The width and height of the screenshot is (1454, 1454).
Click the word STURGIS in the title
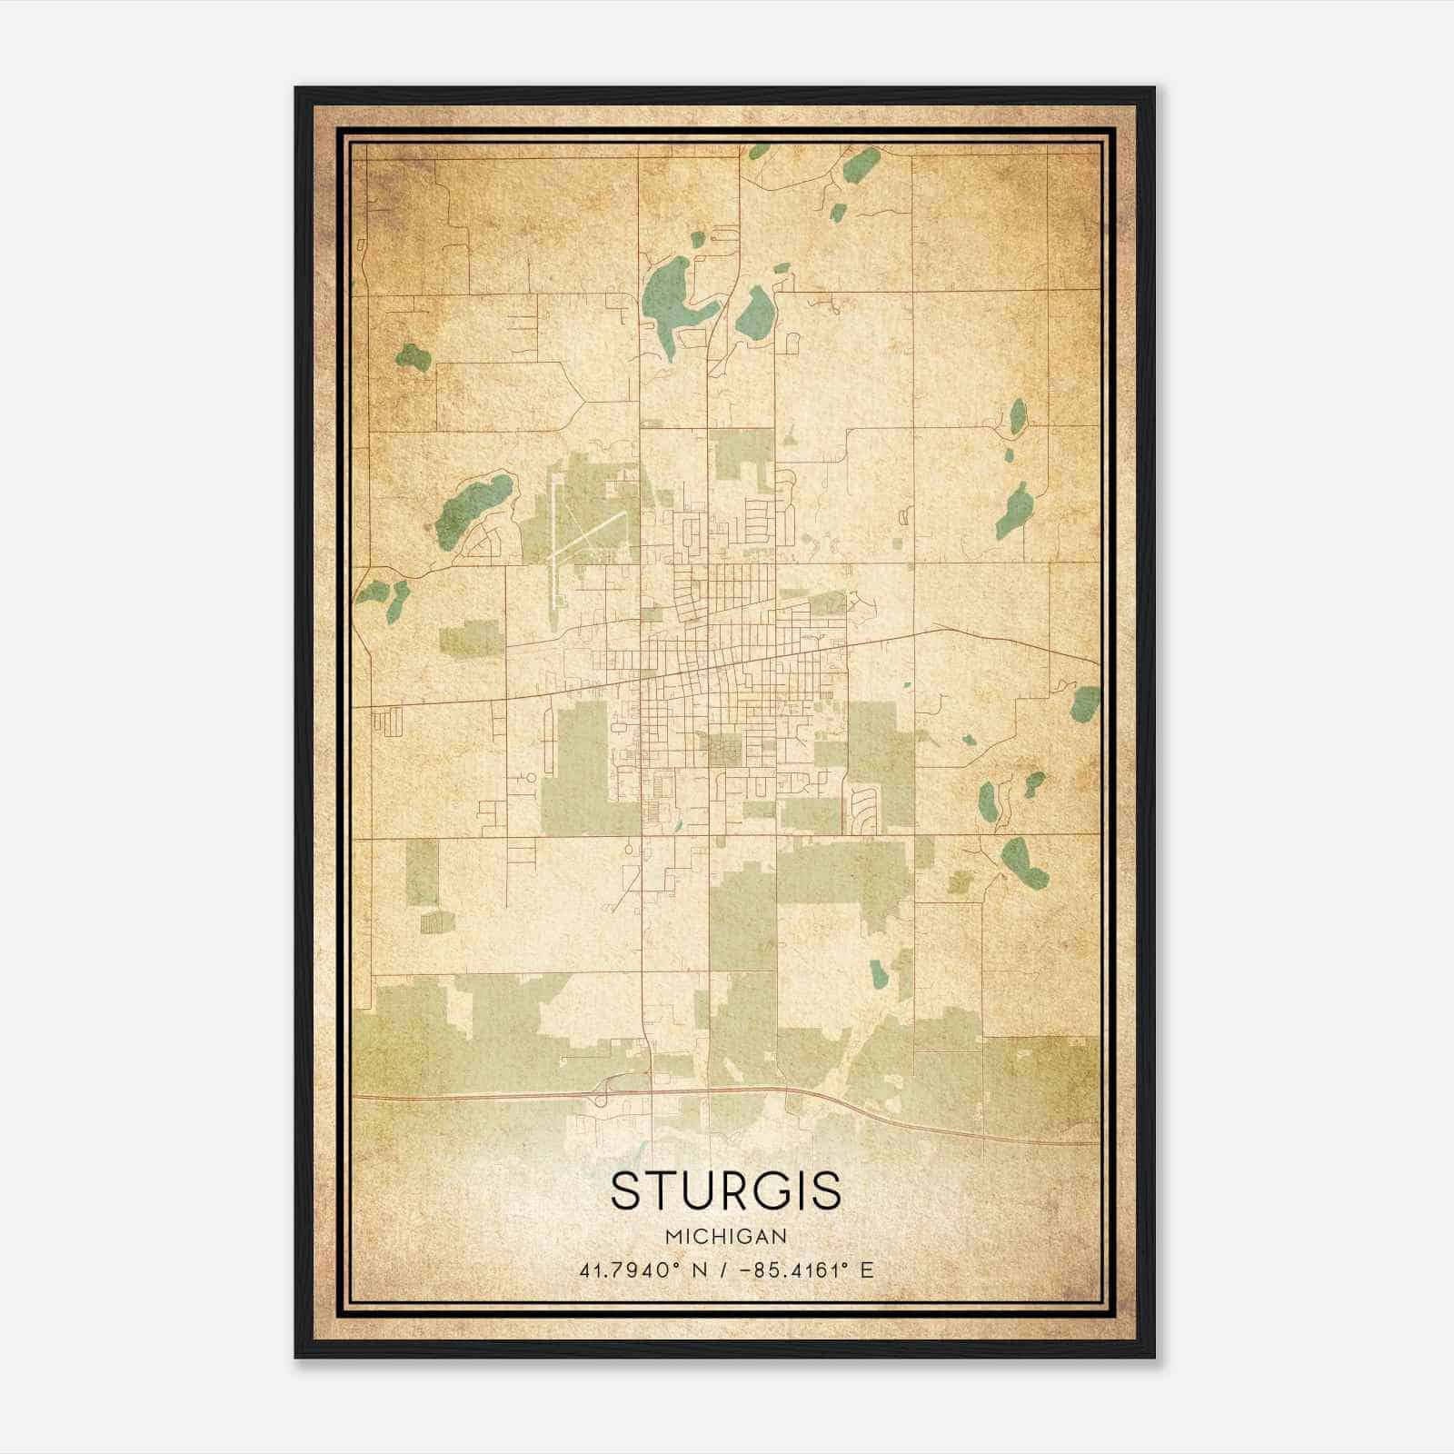[725, 1190]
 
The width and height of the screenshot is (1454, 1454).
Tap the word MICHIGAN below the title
[725, 1236]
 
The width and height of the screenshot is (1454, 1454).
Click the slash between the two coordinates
[722, 1270]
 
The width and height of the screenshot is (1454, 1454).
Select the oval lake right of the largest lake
[754, 311]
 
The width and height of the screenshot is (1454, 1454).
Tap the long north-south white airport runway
[552, 554]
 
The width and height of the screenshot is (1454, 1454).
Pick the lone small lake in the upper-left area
[413, 356]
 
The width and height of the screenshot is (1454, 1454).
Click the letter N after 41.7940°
[699, 1270]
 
